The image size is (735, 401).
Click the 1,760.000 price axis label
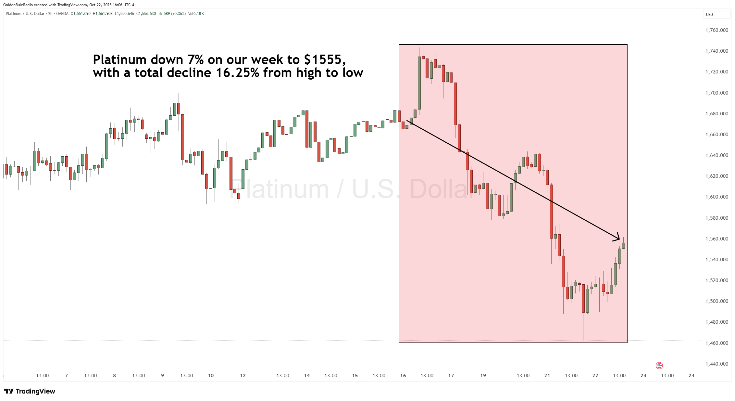point(716,30)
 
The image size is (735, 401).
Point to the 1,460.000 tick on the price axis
point(716,343)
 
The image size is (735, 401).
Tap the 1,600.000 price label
point(716,197)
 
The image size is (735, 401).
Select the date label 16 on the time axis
point(403,376)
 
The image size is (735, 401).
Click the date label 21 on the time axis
point(547,376)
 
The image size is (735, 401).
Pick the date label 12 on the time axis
point(243,376)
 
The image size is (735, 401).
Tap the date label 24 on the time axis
point(691,376)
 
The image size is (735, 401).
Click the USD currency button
point(709,15)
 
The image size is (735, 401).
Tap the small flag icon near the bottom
point(659,366)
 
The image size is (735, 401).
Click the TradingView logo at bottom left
point(30,391)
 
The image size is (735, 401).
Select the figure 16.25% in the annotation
point(237,73)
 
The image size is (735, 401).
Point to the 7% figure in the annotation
point(196,60)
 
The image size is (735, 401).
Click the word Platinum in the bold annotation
point(119,60)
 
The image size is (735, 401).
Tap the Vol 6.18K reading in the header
point(196,14)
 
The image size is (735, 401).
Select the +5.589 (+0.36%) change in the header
point(172,14)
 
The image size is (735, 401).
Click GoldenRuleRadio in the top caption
point(18,5)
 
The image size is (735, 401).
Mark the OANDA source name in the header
point(62,14)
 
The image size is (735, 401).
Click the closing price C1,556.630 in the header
point(146,14)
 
